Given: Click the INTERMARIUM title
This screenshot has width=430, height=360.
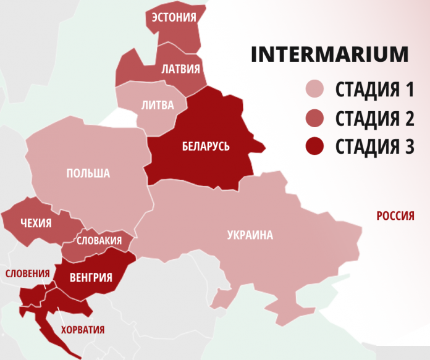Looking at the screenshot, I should (329, 54).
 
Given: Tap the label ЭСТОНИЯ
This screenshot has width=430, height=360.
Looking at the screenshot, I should (174, 17).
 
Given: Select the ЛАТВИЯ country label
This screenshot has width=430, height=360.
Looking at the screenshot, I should (180, 69).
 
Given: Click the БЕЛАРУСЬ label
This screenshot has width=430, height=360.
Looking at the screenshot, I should (206, 146).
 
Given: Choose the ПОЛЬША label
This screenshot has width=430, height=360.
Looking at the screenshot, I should (88, 173).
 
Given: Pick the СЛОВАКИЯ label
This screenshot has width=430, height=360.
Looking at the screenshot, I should (99, 240).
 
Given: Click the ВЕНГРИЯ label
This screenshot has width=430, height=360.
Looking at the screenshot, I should (91, 277).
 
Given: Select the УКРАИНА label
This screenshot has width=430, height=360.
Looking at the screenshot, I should (250, 235).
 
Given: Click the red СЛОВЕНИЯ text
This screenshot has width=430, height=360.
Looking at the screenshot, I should (28, 273).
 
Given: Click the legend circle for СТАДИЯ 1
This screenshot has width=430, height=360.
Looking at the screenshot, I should (316, 90).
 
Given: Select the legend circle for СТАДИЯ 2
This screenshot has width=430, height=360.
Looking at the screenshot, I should (316, 119).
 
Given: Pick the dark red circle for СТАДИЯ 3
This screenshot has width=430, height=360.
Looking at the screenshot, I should (316, 147).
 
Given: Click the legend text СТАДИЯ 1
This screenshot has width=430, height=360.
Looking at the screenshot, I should (374, 90).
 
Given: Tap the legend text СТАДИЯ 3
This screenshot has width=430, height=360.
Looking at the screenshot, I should (374, 147).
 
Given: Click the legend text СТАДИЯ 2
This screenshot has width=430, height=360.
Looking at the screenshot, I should (374, 119).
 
